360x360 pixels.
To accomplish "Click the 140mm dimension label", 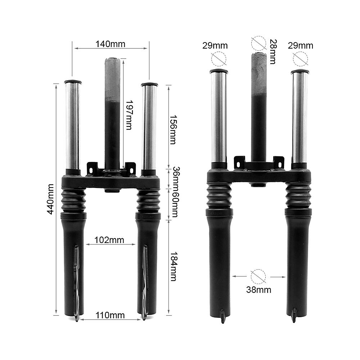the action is tap(111, 44).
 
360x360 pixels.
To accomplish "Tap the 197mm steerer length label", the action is tap(129, 115).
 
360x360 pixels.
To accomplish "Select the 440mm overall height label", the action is tap(50, 199).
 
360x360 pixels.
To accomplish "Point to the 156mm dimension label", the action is tap(173, 130).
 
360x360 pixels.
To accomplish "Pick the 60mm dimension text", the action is tap(175, 203).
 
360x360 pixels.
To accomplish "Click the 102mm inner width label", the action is tap(109, 240).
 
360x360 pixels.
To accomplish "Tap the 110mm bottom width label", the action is tap(110, 315).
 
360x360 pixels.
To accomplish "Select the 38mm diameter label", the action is tap(258, 290).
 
